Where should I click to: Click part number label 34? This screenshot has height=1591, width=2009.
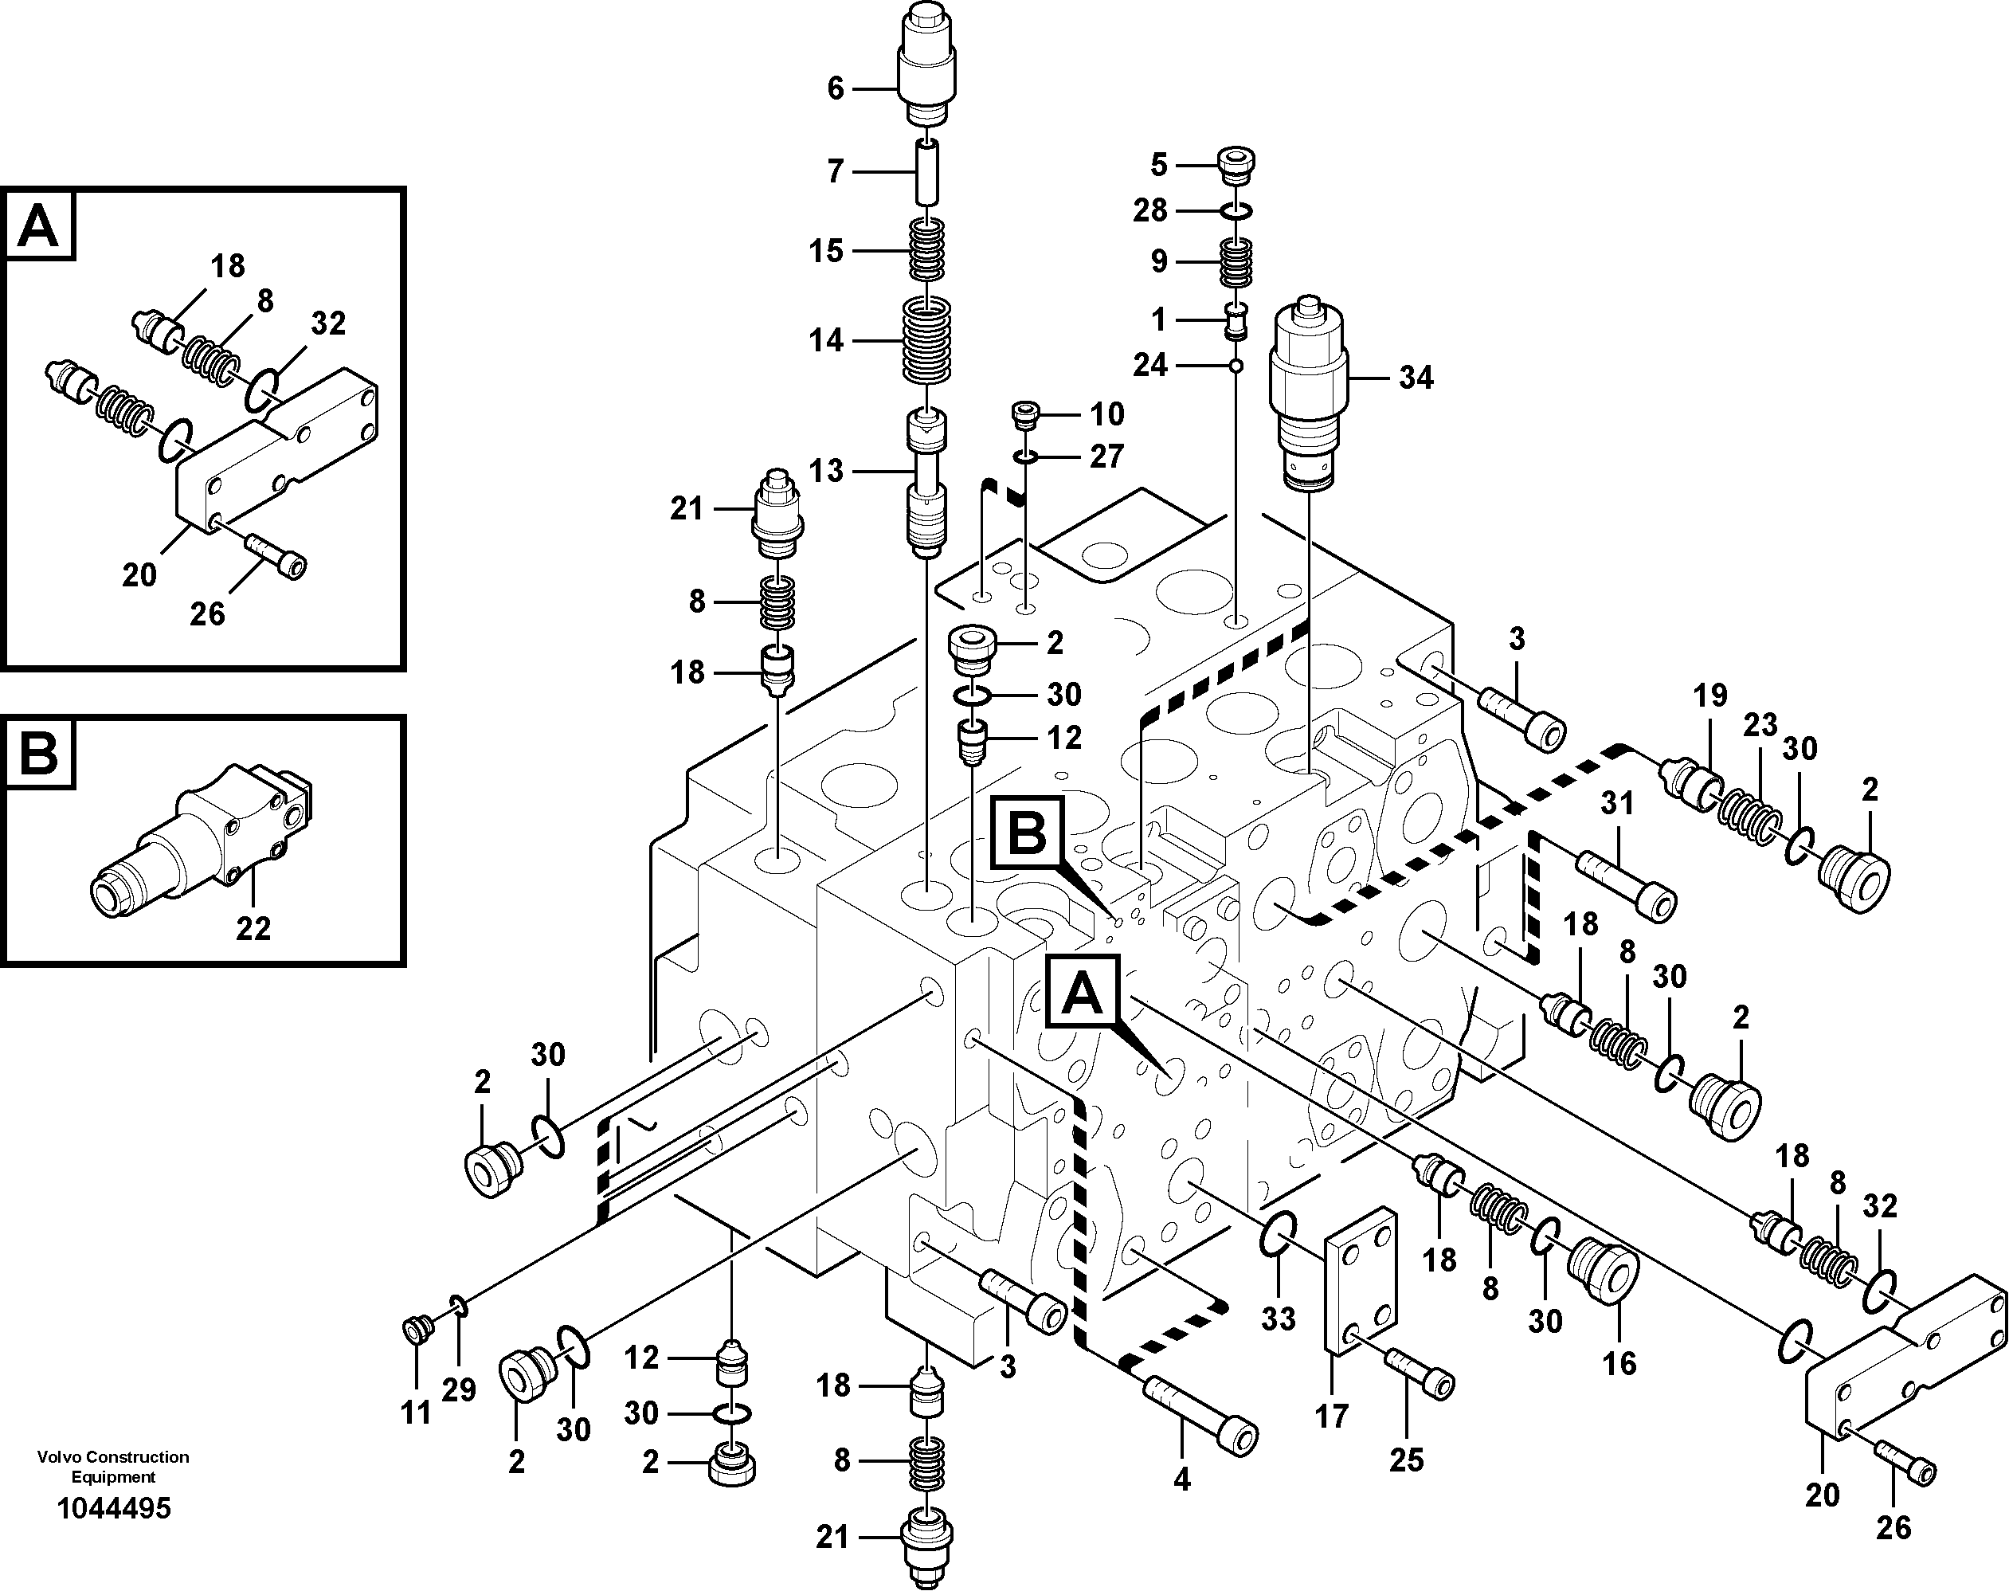[x=1415, y=378]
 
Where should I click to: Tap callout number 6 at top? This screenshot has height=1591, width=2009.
[x=836, y=88]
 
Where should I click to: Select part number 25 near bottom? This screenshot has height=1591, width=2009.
[x=1407, y=1459]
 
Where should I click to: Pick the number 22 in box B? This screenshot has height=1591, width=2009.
[x=253, y=928]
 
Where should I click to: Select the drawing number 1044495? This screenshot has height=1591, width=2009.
[x=115, y=1508]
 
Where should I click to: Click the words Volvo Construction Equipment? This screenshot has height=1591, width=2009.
[x=114, y=1466]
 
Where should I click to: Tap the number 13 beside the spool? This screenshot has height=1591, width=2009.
[x=825, y=472]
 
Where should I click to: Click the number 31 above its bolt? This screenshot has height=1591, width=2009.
[x=1618, y=803]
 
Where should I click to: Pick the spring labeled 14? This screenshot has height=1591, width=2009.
[x=928, y=342]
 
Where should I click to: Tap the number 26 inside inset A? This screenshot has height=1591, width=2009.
[x=207, y=614]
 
